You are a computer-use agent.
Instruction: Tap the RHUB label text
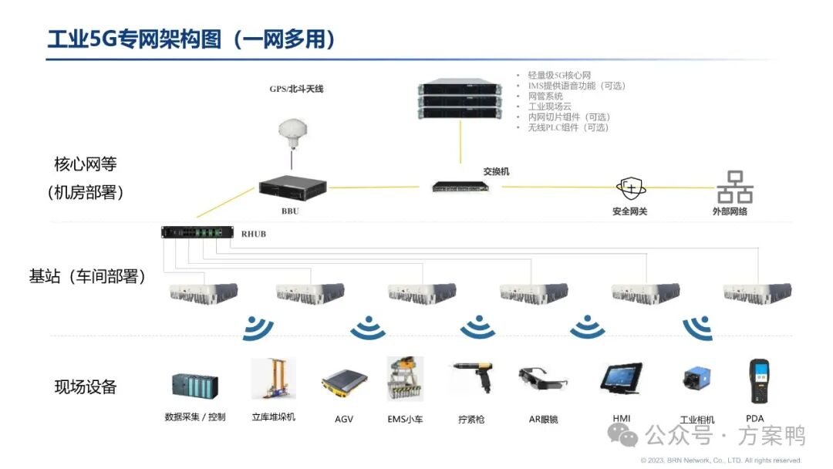click(253, 234)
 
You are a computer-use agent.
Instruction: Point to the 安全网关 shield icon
click(629, 188)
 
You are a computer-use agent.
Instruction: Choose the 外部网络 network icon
click(734, 187)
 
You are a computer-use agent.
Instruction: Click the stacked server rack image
click(460, 96)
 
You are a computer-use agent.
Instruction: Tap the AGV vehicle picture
click(344, 384)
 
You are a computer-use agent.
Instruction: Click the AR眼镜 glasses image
click(543, 381)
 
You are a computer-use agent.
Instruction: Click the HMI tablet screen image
click(622, 380)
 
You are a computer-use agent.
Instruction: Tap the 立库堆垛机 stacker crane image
click(272, 379)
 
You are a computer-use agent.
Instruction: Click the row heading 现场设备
click(86, 387)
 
